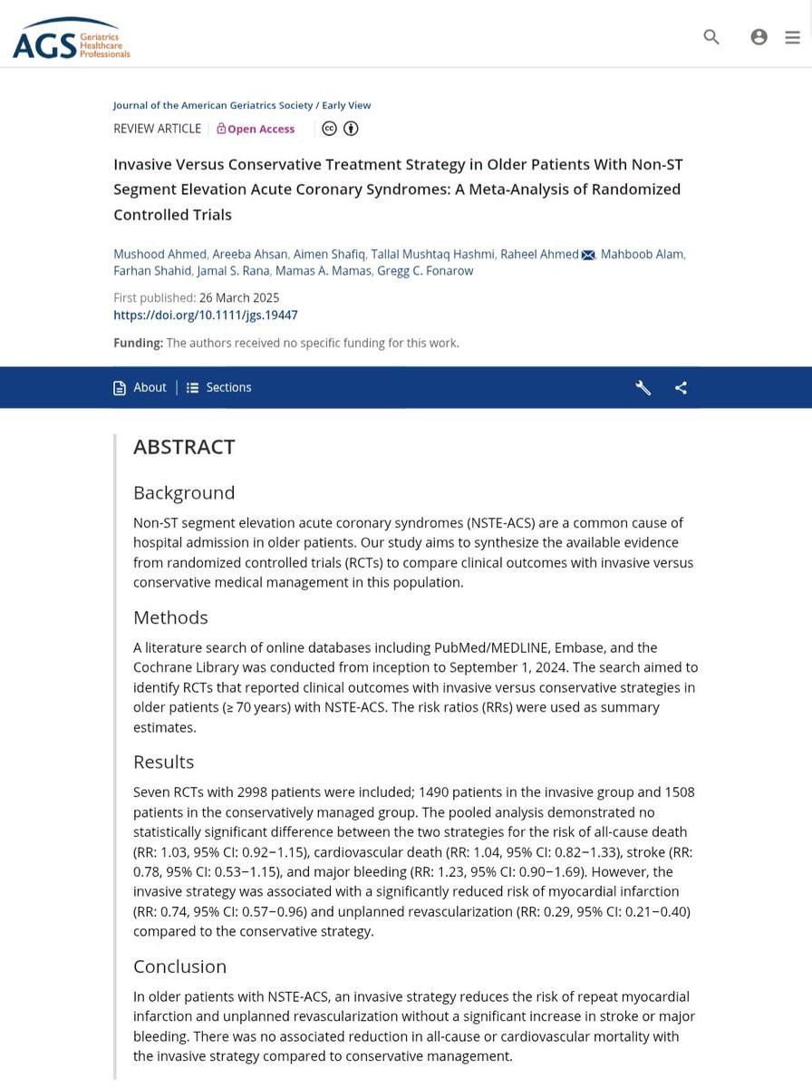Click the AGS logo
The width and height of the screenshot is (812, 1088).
tap(71, 38)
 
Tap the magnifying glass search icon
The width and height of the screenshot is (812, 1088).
tap(711, 37)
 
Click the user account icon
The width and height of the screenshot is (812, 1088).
tap(759, 37)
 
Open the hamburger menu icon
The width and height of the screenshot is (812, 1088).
tap(792, 37)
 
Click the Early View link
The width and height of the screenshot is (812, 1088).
tap(346, 105)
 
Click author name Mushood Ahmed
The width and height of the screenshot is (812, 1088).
tap(159, 254)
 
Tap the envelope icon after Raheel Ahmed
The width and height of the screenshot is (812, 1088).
tap(588, 255)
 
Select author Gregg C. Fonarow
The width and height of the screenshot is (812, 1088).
tap(425, 271)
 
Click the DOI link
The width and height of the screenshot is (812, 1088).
tap(205, 316)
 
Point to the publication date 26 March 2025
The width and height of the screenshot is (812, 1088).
tap(239, 297)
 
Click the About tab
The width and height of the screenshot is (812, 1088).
tap(140, 387)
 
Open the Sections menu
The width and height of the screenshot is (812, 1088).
tap(219, 387)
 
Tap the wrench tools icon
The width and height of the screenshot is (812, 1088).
tap(643, 388)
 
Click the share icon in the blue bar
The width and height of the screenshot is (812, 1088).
tap(681, 388)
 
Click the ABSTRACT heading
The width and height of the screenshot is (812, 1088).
tap(184, 447)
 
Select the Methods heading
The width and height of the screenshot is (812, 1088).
tap(170, 617)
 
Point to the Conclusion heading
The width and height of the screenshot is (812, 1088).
tap(179, 967)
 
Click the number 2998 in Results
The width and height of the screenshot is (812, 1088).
tap(252, 792)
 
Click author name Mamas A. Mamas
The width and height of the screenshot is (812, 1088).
tap(324, 271)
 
